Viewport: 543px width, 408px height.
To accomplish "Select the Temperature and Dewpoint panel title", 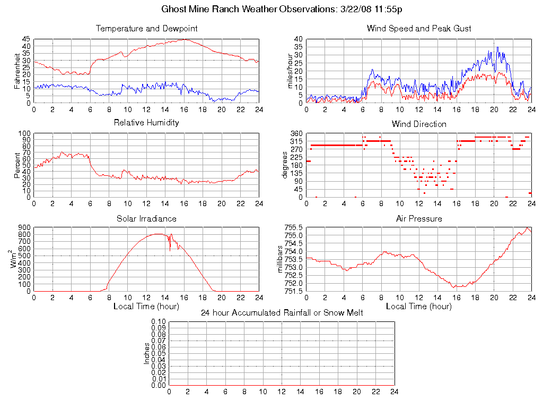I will tap(147, 28).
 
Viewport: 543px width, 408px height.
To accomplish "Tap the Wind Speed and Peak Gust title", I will tap(419, 28).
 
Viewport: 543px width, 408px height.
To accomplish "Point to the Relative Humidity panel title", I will tap(147, 123).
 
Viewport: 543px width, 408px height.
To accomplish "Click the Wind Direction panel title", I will tap(419, 124).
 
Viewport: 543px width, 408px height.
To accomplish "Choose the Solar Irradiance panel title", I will tap(147, 218).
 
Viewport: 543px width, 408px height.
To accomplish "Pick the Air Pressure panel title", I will tap(419, 218).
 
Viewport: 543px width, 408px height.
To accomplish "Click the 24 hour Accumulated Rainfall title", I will tap(282, 313).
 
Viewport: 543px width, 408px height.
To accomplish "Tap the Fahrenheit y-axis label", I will tap(17, 71).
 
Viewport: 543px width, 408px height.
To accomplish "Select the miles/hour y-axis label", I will tap(290, 71).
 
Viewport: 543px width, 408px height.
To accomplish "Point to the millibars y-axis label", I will tap(281, 259).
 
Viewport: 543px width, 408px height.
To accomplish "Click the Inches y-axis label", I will tap(147, 353).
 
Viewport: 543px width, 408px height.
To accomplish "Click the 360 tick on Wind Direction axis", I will tap(296, 133).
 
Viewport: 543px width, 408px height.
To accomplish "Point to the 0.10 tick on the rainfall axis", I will tap(159, 321).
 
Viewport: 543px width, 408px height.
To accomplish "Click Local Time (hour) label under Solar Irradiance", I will tap(146, 306).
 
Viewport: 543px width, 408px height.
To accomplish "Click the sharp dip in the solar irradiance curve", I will tap(170, 250).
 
